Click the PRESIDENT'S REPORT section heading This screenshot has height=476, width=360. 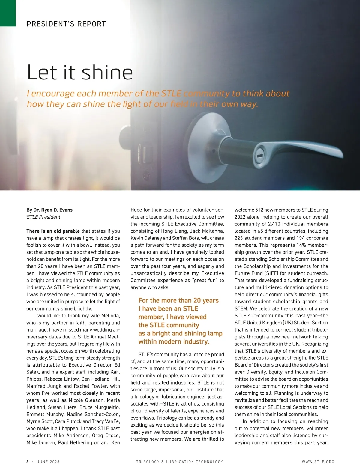click(66, 24)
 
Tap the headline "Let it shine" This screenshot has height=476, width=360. click(80, 73)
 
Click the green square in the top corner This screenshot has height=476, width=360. click(8, 13)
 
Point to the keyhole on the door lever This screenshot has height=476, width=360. click(259, 156)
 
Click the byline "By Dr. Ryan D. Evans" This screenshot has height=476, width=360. click(49, 210)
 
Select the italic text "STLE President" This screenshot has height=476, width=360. click(43, 217)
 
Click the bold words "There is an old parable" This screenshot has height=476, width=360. click(53, 231)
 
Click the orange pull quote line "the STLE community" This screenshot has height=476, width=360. click(169, 325)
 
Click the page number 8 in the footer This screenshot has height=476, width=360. click(28, 462)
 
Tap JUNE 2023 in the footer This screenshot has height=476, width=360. click(48, 462)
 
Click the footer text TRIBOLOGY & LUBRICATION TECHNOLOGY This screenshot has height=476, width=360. click(180, 462)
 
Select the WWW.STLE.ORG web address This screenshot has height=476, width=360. click(318, 462)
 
